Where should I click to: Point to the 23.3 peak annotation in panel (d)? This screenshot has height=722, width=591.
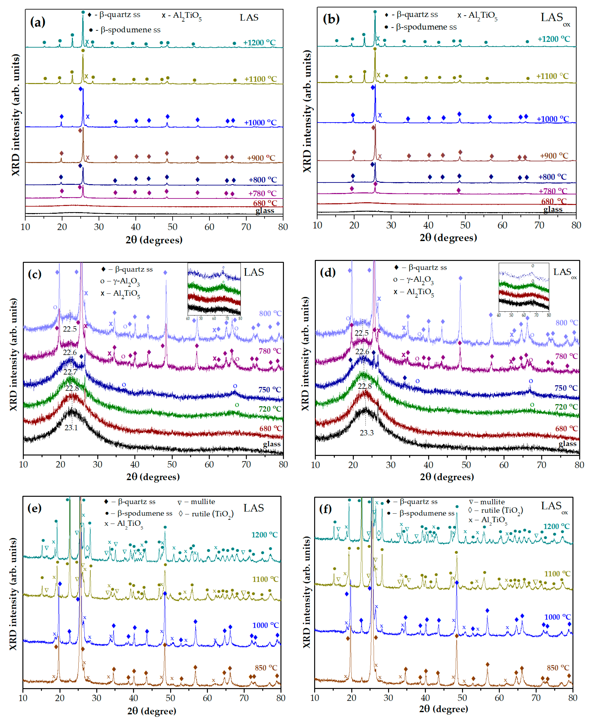point(367,433)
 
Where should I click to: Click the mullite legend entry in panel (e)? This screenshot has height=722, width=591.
point(196,502)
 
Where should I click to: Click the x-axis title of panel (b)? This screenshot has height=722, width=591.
point(448,237)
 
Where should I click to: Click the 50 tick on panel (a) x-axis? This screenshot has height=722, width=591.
point(172,227)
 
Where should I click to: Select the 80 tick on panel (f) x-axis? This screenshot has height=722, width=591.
point(573,698)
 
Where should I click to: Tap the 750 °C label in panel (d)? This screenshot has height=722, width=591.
point(566,388)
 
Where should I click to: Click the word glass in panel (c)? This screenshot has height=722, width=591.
point(272,444)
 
